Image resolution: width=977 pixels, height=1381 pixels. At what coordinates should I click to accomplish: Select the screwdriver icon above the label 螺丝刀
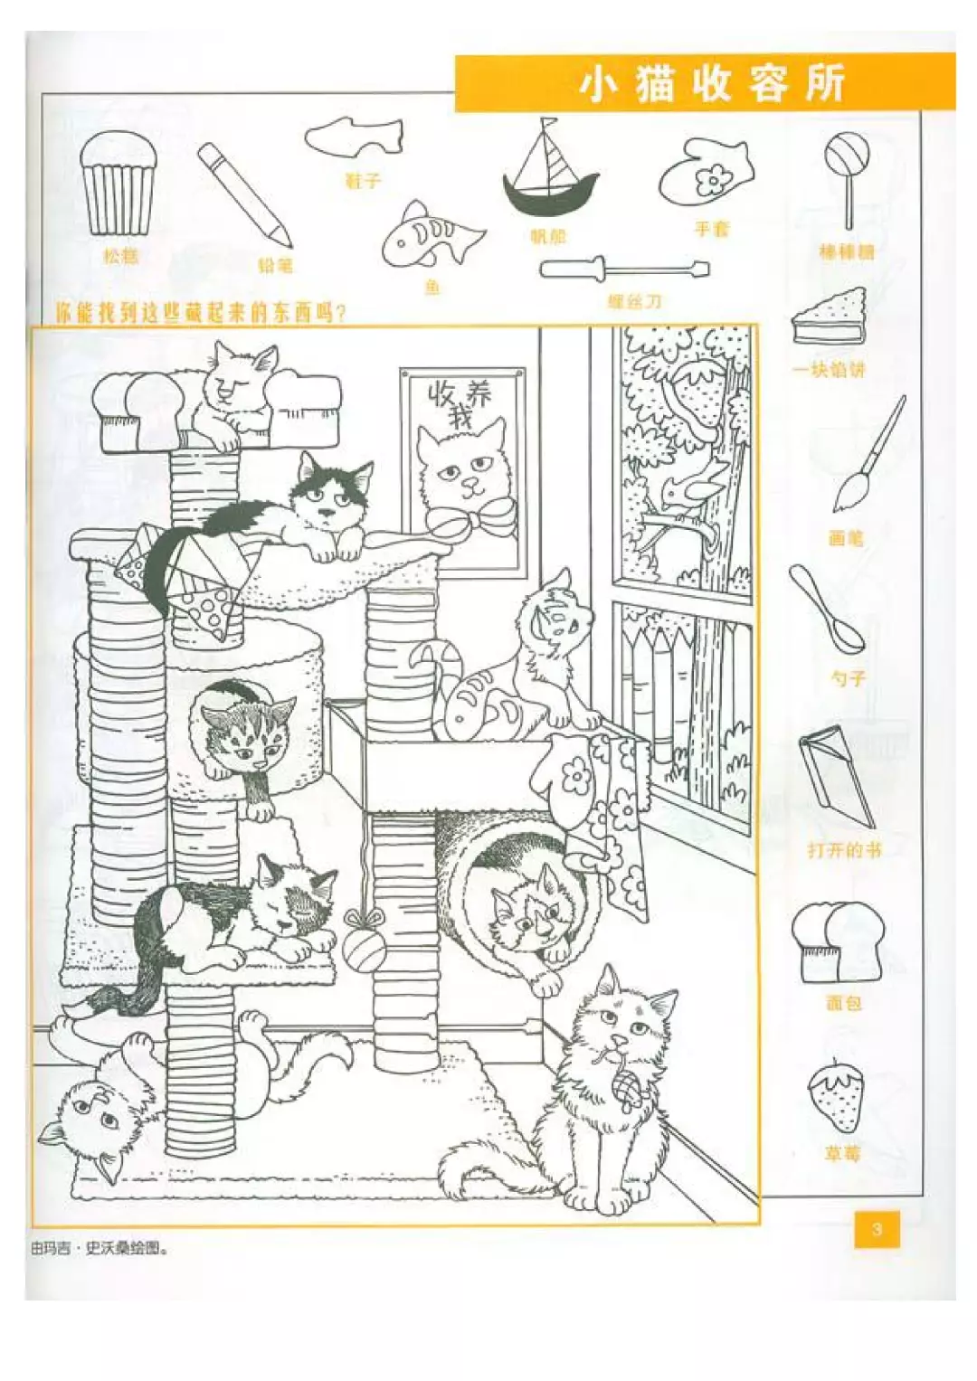624,269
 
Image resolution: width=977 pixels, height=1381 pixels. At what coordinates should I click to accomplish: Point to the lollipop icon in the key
847,177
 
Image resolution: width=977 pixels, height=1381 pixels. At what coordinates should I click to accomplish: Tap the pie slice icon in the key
830,318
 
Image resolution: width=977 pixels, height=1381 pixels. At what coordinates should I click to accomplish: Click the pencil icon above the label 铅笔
244,194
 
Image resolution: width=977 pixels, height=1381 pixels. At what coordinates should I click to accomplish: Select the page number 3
877,1229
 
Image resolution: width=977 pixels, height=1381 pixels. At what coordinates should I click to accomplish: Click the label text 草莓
842,1153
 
